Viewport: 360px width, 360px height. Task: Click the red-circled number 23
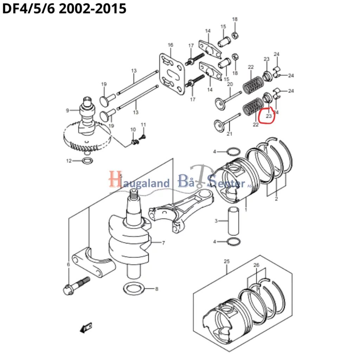[x=269, y=116]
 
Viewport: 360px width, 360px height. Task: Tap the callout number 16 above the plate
[x=170, y=45]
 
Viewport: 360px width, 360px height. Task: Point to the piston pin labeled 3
[x=233, y=221]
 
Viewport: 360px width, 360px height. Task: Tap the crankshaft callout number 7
[x=163, y=243]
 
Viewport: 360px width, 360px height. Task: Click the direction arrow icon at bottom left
[x=85, y=328]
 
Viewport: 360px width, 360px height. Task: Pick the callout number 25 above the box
[x=226, y=261]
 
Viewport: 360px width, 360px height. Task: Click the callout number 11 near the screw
[x=143, y=125]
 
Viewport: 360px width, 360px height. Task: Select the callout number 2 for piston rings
[x=276, y=199]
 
